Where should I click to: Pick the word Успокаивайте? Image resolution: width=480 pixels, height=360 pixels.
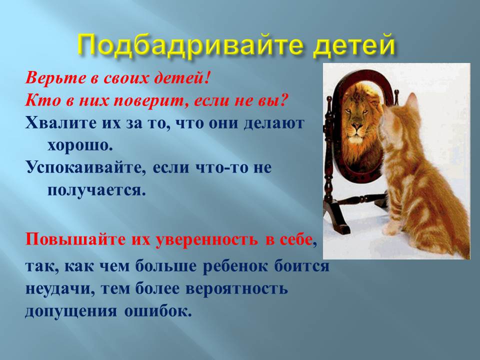coord(85,168)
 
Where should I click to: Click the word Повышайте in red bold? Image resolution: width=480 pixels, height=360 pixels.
coord(76,239)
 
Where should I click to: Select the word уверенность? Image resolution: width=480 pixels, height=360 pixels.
coord(207,239)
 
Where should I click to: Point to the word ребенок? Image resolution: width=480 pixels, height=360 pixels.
coord(235,265)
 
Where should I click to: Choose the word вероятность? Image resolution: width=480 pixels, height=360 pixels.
coord(236,288)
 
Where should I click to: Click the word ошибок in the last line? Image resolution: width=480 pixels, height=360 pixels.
coord(157,311)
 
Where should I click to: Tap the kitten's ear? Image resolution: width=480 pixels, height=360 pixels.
coord(411,100)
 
